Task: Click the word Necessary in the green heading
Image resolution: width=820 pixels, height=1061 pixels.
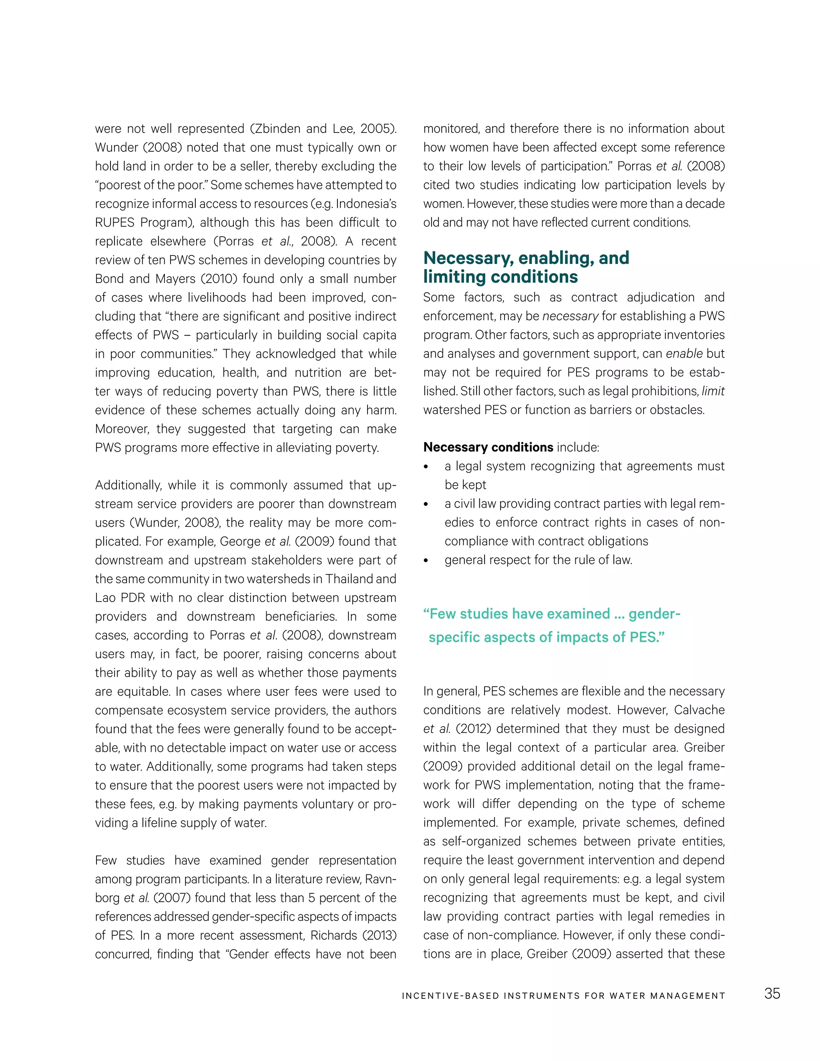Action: coord(468,258)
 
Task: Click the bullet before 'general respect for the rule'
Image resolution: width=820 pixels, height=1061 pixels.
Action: coord(426,561)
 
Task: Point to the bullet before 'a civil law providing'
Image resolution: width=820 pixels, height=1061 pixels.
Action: coord(426,504)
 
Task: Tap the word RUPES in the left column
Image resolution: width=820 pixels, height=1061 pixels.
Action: coord(115,223)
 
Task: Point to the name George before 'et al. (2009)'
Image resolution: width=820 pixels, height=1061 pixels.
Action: coord(240,542)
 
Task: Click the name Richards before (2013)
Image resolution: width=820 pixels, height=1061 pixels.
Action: coord(333,935)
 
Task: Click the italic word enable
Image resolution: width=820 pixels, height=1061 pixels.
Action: coord(684,354)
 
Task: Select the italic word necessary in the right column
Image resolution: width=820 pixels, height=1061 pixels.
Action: coord(570,316)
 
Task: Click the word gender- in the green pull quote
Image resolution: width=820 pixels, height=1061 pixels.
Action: coord(654,614)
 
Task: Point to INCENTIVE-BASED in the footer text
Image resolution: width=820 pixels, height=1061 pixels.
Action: coord(450,996)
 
